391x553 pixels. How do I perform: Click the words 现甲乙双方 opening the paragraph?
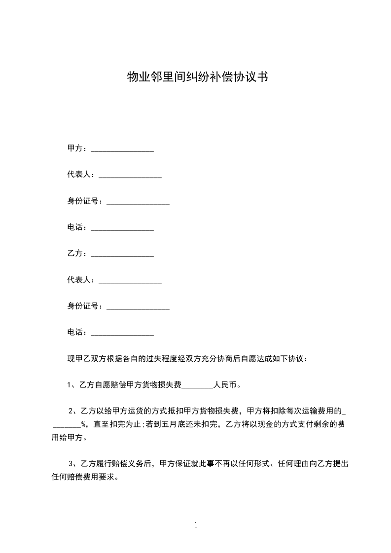point(87,359)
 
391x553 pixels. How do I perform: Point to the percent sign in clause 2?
point(84,424)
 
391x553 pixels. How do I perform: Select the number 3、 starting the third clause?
point(72,463)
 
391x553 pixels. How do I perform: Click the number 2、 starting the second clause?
point(72,411)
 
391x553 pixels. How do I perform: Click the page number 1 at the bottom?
point(196,525)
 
